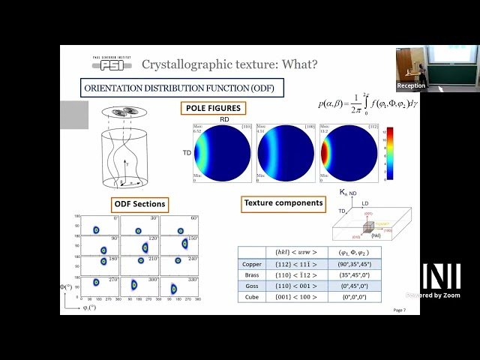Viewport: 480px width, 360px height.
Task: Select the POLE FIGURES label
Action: click(x=214, y=108)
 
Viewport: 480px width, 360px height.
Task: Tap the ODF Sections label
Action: click(x=140, y=204)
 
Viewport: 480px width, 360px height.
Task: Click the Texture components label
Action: click(x=283, y=202)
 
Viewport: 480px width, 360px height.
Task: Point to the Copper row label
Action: click(x=251, y=264)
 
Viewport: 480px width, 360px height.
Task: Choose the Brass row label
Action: click(x=251, y=275)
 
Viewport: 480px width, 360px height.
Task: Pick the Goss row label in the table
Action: click(x=251, y=286)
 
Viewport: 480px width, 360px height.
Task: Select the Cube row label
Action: click(x=251, y=297)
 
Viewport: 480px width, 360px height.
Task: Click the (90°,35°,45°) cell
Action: click(x=348, y=264)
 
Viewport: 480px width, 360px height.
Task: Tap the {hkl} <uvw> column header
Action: click(x=293, y=253)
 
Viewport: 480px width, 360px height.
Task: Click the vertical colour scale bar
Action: click(x=389, y=153)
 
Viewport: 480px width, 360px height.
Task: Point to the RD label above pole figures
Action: click(x=223, y=118)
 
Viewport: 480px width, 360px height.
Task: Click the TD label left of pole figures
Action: click(x=187, y=152)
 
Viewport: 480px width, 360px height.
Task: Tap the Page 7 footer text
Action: click(x=399, y=310)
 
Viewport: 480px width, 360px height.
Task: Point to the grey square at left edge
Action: click(x=74, y=115)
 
